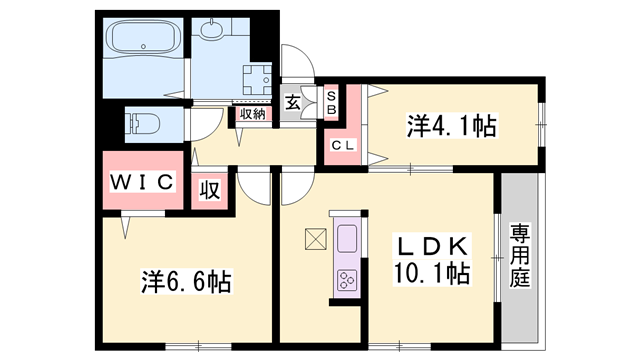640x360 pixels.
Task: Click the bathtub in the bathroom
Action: point(141,41)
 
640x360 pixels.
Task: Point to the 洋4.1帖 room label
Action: point(451,127)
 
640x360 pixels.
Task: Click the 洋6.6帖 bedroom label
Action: point(185,283)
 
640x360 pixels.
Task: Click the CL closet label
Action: point(343,146)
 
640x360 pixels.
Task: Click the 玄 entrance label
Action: point(292,101)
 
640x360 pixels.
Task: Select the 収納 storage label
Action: point(252,113)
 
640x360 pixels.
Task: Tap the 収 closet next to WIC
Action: point(210,189)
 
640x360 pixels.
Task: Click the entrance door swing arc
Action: point(299,62)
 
